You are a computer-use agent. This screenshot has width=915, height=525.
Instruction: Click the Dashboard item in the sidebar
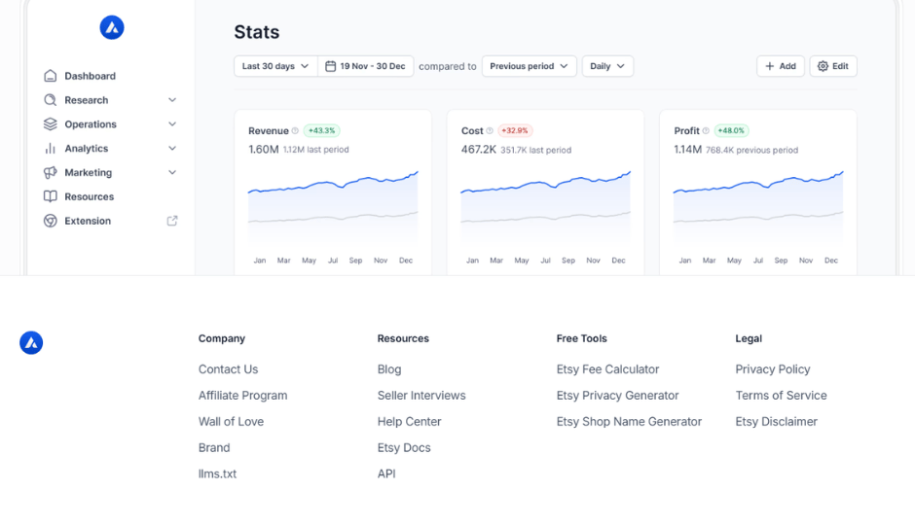pyautogui.click(x=80, y=76)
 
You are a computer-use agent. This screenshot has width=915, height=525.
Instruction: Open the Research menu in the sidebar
pyautogui.click(x=110, y=100)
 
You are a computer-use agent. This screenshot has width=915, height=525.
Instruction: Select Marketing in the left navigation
pyautogui.click(x=110, y=172)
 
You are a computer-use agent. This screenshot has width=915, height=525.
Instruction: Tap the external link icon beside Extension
pyautogui.click(x=172, y=221)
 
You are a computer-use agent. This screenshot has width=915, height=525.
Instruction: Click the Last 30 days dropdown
pyautogui.click(x=275, y=66)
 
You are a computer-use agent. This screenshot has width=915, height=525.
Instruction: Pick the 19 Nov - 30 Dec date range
pyautogui.click(x=365, y=66)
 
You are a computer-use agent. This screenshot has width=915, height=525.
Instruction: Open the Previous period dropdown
pyautogui.click(x=529, y=66)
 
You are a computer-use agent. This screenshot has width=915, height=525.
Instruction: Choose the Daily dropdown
pyautogui.click(x=607, y=66)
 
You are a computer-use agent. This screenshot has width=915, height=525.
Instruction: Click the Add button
pyautogui.click(x=781, y=66)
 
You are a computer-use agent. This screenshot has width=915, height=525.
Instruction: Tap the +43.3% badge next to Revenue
pyautogui.click(x=321, y=130)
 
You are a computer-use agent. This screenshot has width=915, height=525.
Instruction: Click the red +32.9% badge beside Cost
pyautogui.click(x=515, y=130)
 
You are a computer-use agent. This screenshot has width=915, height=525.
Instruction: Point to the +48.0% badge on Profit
pyautogui.click(x=731, y=130)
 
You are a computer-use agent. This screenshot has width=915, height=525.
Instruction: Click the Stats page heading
pyautogui.click(x=257, y=32)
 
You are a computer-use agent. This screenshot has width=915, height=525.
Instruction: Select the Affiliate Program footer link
pyautogui.click(x=242, y=396)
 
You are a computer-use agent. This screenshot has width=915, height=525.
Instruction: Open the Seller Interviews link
pyautogui.click(x=421, y=396)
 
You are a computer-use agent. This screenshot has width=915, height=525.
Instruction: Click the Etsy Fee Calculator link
pyautogui.click(x=607, y=369)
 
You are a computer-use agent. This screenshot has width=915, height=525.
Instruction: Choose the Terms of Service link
pyautogui.click(x=781, y=396)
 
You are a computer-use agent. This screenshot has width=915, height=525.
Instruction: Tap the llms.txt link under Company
pyautogui.click(x=217, y=474)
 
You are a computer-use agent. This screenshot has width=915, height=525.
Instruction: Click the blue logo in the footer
pyautogui.click(x=31, y=342)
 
